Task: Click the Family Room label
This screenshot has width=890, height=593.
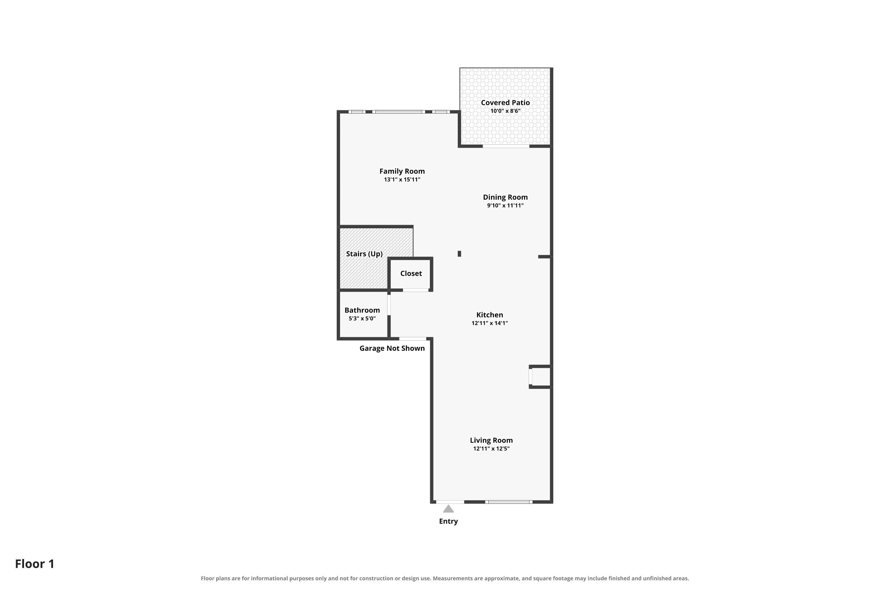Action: [x=402, y=171]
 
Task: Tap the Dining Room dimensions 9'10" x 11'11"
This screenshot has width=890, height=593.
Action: [x=505, y=206]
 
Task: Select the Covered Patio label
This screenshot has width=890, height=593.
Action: [x=505, y=103]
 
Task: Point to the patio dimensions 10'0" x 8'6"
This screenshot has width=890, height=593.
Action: [x=505, y=111]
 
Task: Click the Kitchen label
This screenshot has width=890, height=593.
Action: [x=490, y=315]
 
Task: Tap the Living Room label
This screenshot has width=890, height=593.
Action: [x=491, y=440]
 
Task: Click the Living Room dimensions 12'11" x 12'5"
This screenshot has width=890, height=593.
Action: [x=491, y=449]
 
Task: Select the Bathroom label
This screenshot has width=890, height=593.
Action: [x=362, y=310]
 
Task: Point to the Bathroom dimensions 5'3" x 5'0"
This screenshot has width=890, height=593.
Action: [x=362, y=319]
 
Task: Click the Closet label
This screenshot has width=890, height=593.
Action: [x=411, y=273]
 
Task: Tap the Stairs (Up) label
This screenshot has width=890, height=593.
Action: [x=364, y=254]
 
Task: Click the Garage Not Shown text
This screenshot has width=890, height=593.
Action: [x=392, y=348]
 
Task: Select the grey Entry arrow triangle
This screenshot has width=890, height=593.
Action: [x=448, y=509]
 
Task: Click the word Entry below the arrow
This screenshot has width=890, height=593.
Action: [x=448, y=522]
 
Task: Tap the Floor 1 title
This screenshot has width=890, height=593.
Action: [x=35, y=564]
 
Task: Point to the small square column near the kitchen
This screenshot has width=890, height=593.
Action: [x=459, y=254]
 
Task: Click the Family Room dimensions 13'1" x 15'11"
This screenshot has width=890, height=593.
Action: [x=402, y=180]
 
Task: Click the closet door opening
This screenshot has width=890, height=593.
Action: [x=416, y=290]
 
